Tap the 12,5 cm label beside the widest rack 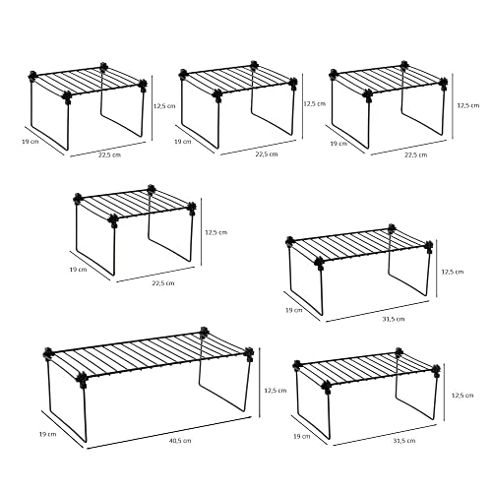tap(277, 391)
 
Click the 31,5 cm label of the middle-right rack tap(392, 319)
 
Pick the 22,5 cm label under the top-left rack tap(109, 154)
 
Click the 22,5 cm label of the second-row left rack tap(162, 282)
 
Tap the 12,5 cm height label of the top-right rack tap(469, 105)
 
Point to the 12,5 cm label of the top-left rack tap(164, 106)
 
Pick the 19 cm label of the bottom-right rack tap(301, 434)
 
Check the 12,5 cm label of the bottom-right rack tap(461, 395)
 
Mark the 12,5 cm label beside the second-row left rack tap(215, 232)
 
